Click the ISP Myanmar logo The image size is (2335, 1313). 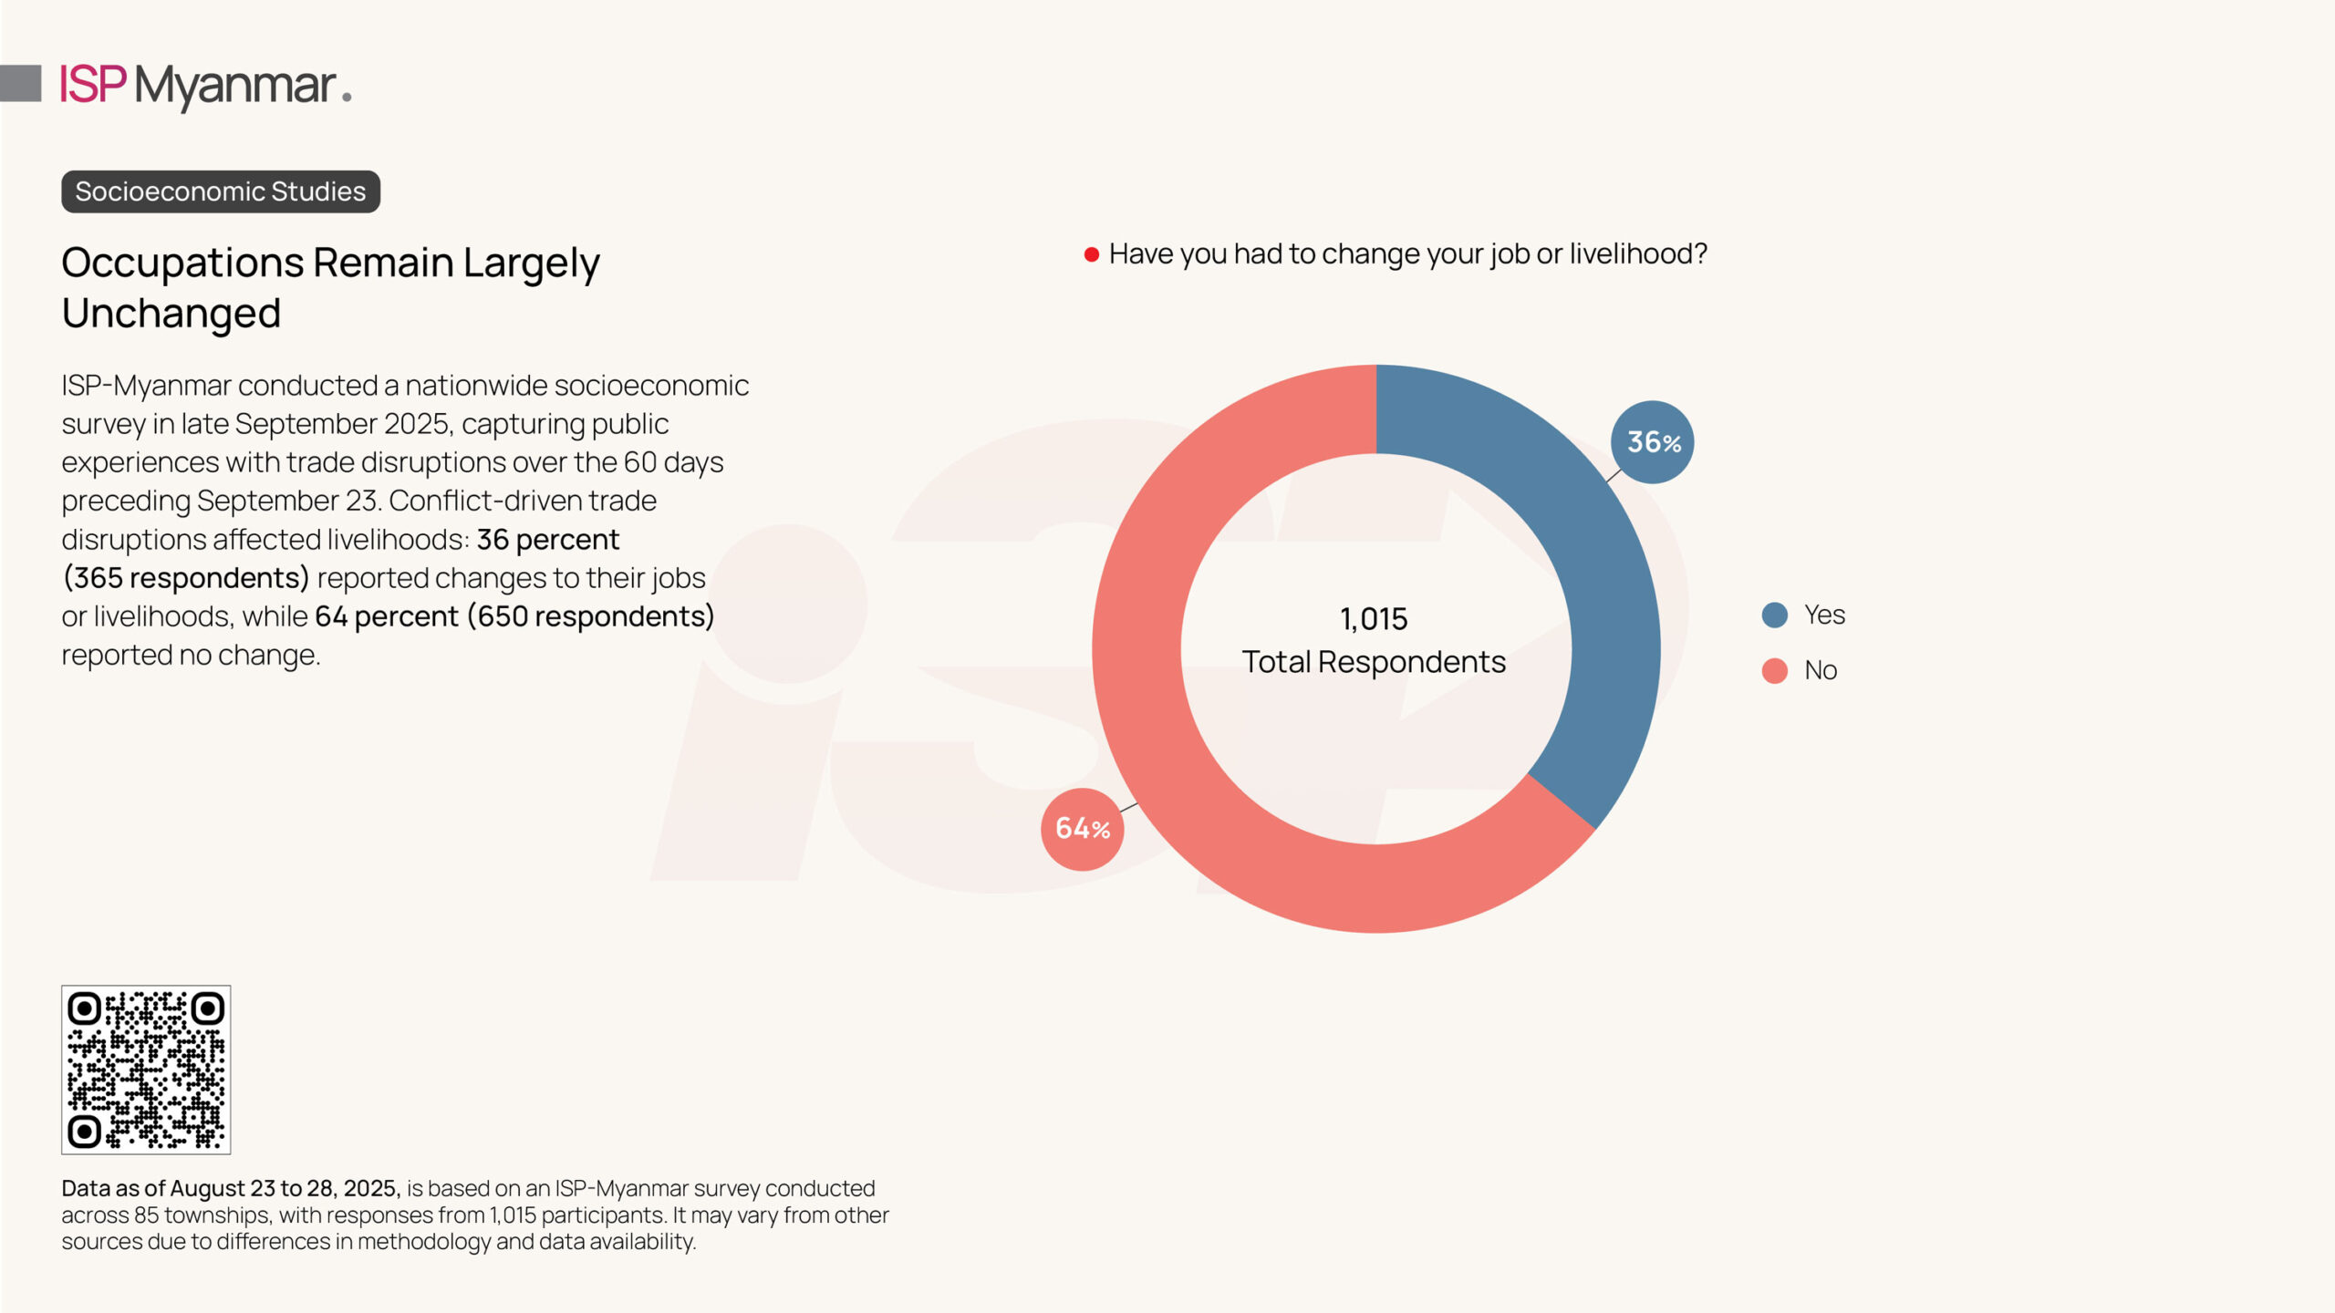(205, 86)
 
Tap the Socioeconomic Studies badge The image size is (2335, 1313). (221, 191)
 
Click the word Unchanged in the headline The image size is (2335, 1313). (171, 314)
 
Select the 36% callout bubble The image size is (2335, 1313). (1652, 442)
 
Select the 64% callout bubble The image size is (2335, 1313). (1083, 829)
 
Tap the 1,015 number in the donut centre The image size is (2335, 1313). (1374, 619)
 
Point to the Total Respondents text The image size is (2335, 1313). (1374, 662)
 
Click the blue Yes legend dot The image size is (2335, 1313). (1774, 615)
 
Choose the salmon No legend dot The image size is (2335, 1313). (1774, 671)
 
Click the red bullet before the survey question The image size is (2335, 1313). (1091, 254)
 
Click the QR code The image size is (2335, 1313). (146, 1070)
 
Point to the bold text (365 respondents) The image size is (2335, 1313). (186, 578)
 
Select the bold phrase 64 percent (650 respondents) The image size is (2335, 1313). (514, 616)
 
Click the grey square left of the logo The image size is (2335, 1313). (21, 83)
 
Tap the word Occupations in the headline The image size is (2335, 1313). (182, 263)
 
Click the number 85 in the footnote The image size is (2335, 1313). (146, 1215)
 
